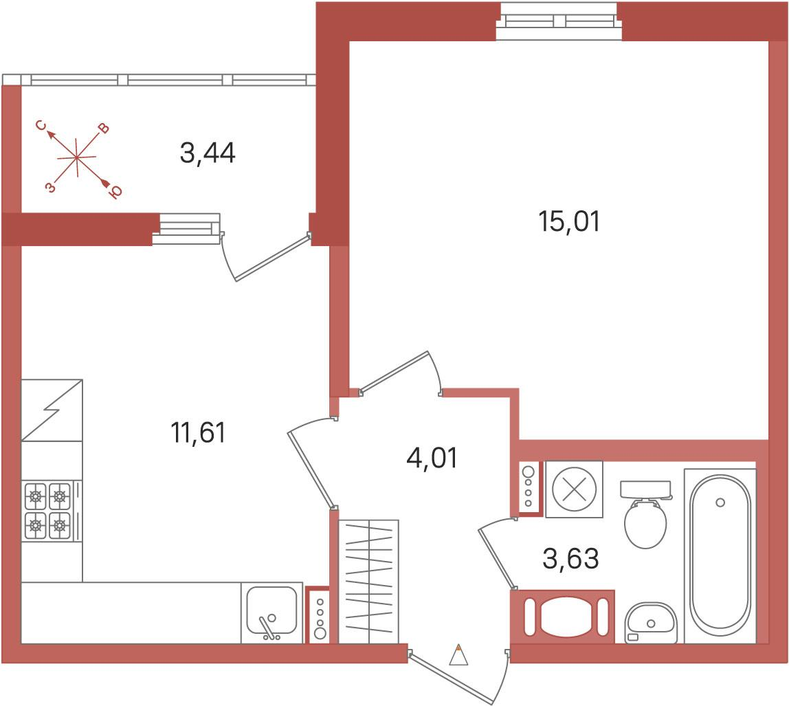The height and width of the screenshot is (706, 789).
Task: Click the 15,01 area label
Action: tap(569, 221)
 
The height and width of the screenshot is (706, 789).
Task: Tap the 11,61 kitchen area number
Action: tap(199, 432)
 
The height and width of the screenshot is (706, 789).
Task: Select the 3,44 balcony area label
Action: tap(208, 153)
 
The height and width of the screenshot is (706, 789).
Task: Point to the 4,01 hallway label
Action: tap(432, 458)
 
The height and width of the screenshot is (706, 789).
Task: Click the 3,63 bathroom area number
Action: tap(571, 558)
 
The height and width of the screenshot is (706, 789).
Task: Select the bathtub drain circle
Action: tap(720, 503)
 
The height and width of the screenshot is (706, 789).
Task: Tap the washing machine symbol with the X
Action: tap(574, 489)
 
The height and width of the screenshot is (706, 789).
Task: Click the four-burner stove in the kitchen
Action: tap(48, 511)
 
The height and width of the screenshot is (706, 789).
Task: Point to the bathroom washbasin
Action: tap(651, 622)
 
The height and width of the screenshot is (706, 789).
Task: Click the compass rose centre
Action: tap(76, 157)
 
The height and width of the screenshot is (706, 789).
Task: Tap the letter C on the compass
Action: tap(43, 125)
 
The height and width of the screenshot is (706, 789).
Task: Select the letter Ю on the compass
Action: tap(115, 192)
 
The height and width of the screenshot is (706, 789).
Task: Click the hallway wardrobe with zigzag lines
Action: tap(368, 582)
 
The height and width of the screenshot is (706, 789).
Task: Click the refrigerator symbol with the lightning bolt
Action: tap(52, 410)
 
